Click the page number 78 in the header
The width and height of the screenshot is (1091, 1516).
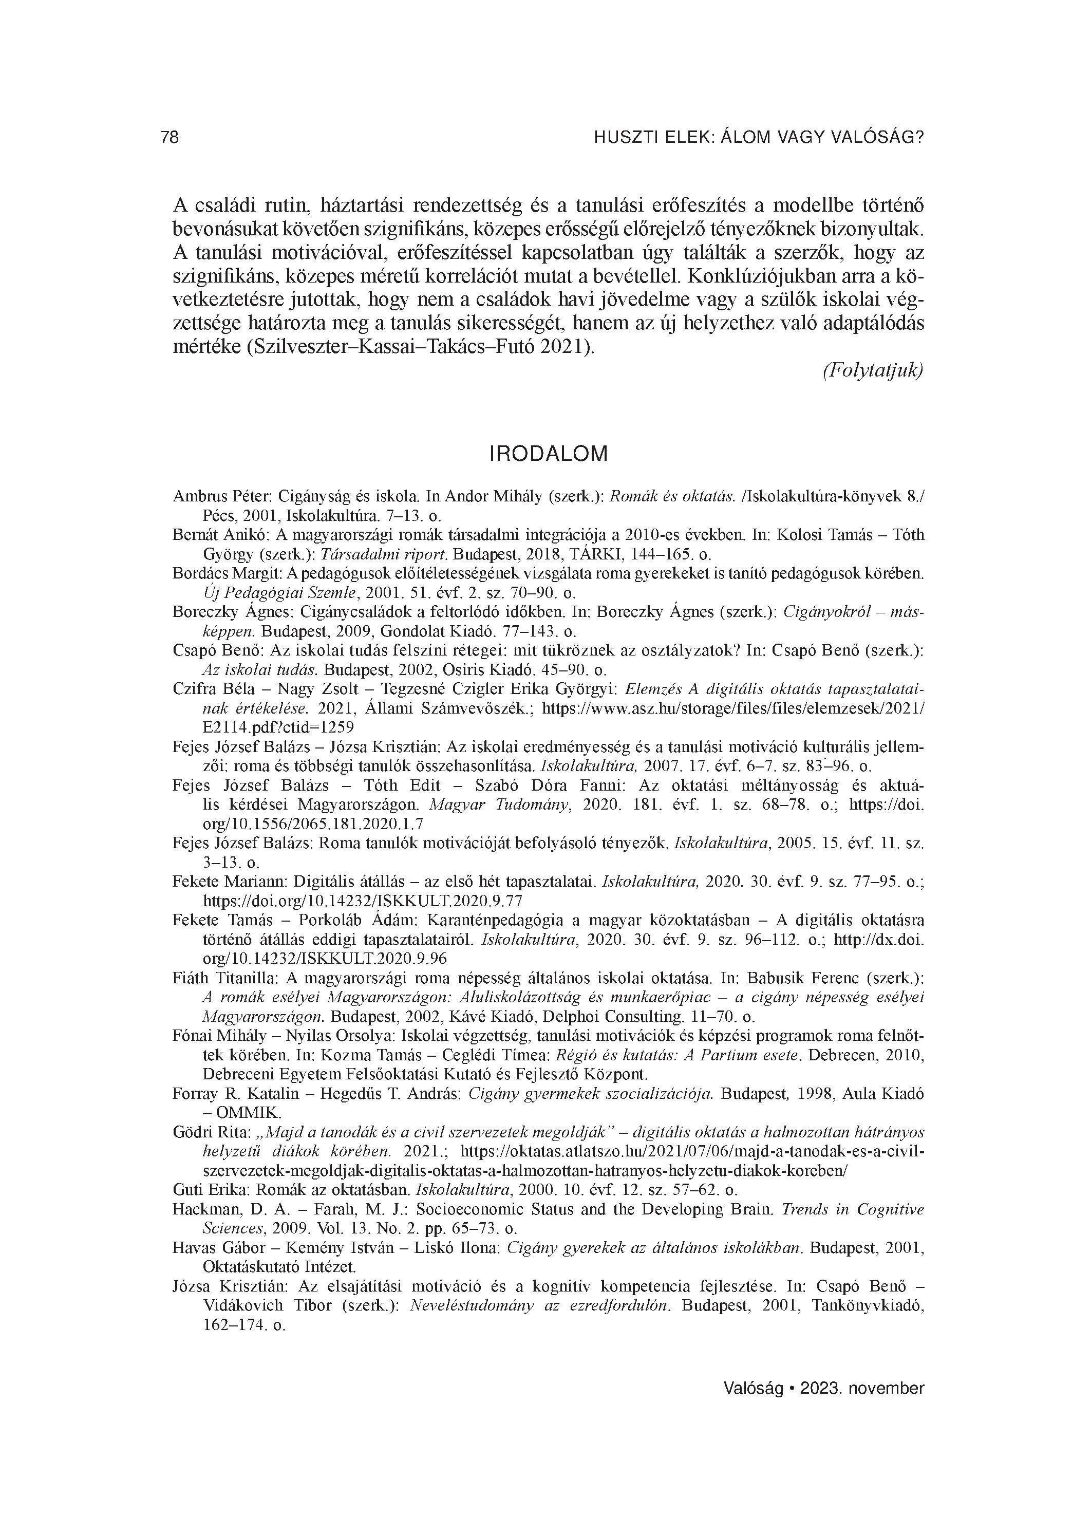[x=170, y=137]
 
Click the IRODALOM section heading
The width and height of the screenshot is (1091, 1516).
[x=549, y=454]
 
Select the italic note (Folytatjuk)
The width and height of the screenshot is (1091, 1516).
[x=872, y=370]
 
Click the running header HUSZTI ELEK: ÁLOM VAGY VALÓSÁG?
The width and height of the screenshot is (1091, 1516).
[x=759, y=137]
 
